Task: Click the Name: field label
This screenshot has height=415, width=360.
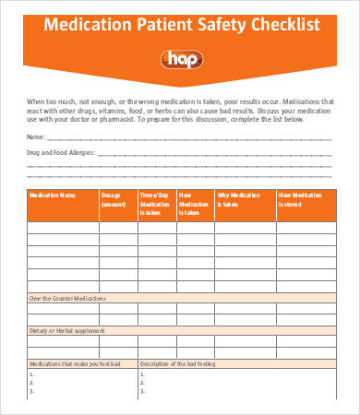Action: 36,136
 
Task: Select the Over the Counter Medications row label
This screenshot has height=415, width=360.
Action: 67,299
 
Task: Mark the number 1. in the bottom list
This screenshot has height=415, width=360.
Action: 32,373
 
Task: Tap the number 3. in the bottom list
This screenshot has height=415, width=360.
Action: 32,392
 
